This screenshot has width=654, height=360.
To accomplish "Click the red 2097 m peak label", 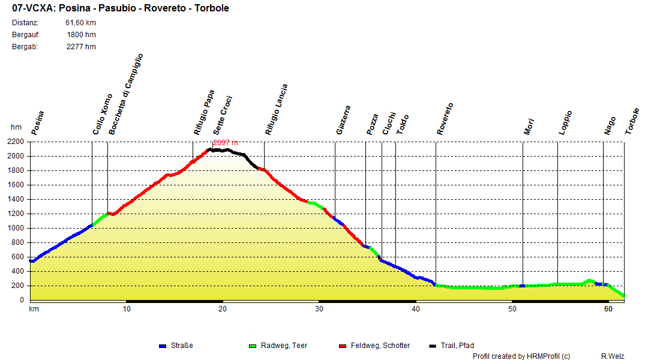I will pyautogui.click(x=226, y=142).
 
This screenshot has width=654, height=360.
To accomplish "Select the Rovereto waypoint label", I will pyautogui.click(x=445, y=119).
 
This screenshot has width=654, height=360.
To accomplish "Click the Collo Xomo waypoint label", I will pyautogui.click(x=103, y=114).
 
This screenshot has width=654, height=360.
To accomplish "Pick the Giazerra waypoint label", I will pyautogui.click(x=343, y=120).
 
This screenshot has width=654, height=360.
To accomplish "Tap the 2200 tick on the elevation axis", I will pyautogui.click(x=16, y=142).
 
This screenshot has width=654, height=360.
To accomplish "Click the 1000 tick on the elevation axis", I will pyautogui.click(x=16, y=228).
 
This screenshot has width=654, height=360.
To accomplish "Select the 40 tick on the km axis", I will pyautogui.click(x=415, y=309).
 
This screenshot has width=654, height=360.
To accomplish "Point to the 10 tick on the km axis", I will pyautogui.click(x=127, y=309).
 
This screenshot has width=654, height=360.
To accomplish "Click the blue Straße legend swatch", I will pyautogui.click(x=162, y=346).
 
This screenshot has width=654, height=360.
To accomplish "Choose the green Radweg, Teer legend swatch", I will pyautogui.click(x=251, y=346).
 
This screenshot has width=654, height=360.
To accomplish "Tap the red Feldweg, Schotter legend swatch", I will pyautogui.click(x=343, y=346).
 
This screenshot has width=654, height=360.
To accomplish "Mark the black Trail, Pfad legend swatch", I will pyautogui.click(x=433, y=346).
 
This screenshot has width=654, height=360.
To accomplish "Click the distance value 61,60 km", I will pyautogui.click(x=80, y=23).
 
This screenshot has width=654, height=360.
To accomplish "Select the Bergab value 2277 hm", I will pyautogui.click(x=81, y=47).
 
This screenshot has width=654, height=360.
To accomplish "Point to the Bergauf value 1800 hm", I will pyautogui.click(x=81, y=35).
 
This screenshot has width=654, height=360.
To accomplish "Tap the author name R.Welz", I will pyautogui.click(x=613, y=356).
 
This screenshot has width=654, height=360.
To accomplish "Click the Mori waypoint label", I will pyautogui.click(x=529, y=126).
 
